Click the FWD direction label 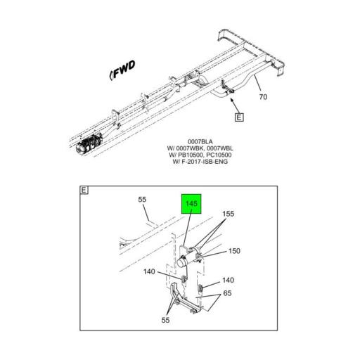coord(122,70)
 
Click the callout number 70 coord(263,96)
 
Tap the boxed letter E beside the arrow coord(239,117)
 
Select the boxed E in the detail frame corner coord(84,190)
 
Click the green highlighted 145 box coord(191,204)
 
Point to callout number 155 coord(228,214)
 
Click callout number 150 coord(234,251)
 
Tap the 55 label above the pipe coord(142,200)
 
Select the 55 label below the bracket coord(165,320)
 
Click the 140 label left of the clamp coord(149,271)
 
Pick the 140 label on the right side coord(228,280)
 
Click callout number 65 coord(227,293)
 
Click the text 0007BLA coord(200,141)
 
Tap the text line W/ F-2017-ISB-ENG coord(200,162)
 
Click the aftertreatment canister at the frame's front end coord(89,143)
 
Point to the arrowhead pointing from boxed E coord(231,100)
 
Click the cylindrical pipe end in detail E coord(182,262)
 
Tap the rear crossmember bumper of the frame coord(251,51)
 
